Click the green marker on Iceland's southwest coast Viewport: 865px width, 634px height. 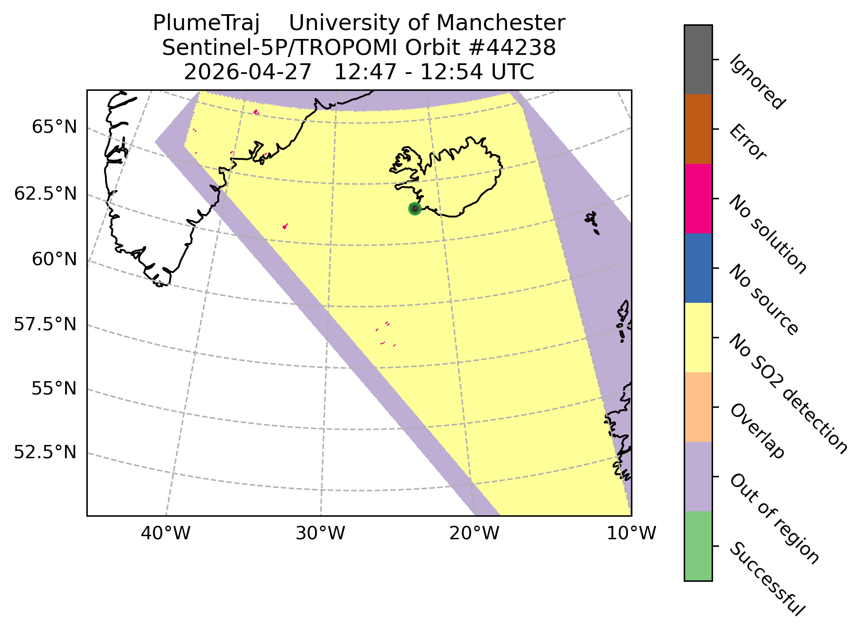point(414,209)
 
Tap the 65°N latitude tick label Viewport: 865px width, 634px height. point(55,128)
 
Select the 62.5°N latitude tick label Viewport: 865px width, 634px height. point(46,194)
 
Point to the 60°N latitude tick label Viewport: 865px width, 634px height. point(55,259)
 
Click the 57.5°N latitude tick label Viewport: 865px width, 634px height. point(46,325)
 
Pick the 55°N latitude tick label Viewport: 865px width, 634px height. point(55,389)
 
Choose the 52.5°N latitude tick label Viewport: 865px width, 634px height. point(46,453)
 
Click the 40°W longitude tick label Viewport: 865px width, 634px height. point(166,534)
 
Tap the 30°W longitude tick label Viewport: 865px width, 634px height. point(320,534)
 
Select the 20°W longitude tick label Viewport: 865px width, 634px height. point(474,534)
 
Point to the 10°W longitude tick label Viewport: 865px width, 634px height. point(631,534)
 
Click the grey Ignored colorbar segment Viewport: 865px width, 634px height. point(698,60)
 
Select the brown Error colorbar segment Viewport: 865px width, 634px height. point(698,129)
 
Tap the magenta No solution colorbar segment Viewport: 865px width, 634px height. point(698,199)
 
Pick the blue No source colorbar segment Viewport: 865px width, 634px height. point(698,268)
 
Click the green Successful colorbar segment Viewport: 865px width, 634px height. point(698,546)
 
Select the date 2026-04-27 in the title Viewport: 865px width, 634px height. point(248,72)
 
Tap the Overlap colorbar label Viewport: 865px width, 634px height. point(757,431)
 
